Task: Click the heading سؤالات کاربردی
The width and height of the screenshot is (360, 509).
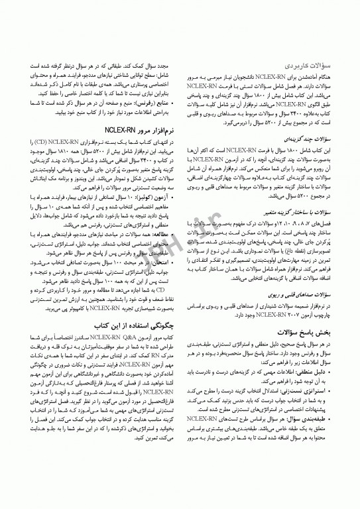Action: pyautogui.click(x=306, y=67)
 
